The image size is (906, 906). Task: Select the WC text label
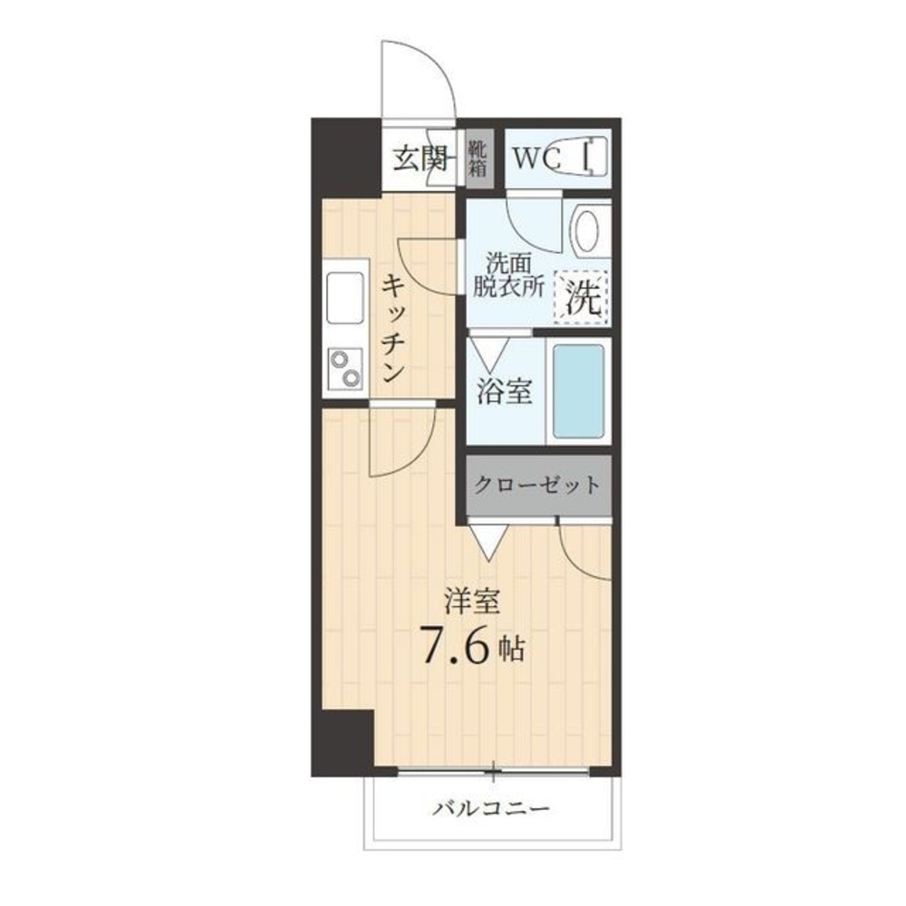pyautogui.click(x=537, y=159)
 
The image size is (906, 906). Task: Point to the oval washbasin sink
pyautogui.click(x=587, y=230)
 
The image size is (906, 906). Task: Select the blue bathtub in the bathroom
pyautogui.click(x=578, y=391)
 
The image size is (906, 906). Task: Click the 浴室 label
pyautogui.click(x=504, y=391)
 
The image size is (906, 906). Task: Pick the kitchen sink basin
pyautogui.click(x=345, y=297)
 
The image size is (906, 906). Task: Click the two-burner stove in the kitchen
pyautogui.click(x=345, y=368)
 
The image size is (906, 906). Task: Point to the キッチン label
pyautogui.click(x=393, y=328)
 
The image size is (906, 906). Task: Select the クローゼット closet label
pyautogui.click(x=537, y=485)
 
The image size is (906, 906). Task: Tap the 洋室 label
pyautogui.click(x=472, y=601)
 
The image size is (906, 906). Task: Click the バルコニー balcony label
pyautogui.click(x=491, y=807)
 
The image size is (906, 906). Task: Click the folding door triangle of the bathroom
pyautogui.click(x=489, y=353)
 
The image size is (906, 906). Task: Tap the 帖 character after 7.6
pyautogui.click(x=512, y=649)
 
